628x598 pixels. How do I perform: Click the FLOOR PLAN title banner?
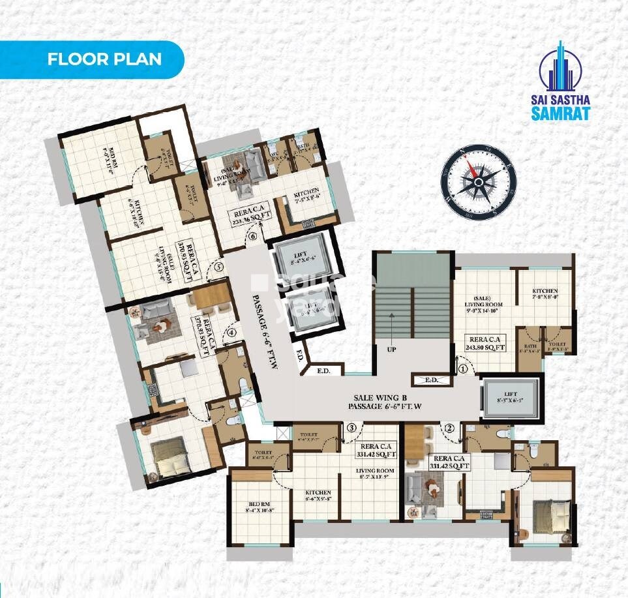pos(104,59)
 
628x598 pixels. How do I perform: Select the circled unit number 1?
pos(463,368)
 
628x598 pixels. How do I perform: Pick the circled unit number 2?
pos(449,428)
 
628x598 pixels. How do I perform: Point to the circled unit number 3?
pos(351,428)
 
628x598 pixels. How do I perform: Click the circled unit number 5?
pos(218,266)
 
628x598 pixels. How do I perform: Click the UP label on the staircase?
pos(393,350)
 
